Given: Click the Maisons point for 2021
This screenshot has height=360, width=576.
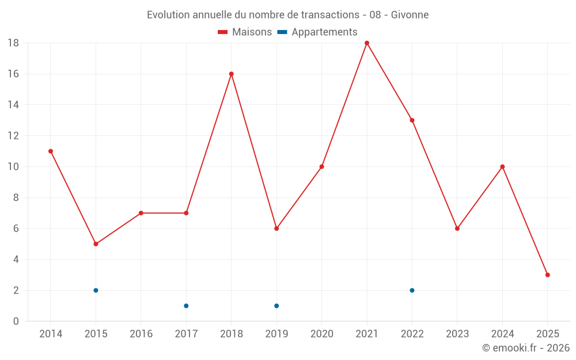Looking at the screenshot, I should [x=367, y=43].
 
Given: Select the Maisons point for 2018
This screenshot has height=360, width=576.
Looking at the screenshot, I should [x=232, y=74].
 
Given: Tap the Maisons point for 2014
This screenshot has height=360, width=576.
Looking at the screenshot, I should [x=51, y=151].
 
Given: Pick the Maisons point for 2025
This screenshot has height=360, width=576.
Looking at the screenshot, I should [x=547, y=275].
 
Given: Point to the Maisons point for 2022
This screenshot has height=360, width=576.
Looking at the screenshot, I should [x=412, y=120].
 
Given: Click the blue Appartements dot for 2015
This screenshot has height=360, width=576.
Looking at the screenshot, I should [x=96, y=290].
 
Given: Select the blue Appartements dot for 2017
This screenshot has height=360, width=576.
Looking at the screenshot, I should [x=186, y=306].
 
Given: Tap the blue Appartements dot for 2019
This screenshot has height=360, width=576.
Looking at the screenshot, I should [x=276, y=306].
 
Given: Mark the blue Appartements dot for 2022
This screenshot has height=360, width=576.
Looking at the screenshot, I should [x=412, y=290].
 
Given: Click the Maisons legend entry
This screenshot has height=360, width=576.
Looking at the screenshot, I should [x=245, y=32].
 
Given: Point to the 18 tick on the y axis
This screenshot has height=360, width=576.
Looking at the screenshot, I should [x=13, y=43].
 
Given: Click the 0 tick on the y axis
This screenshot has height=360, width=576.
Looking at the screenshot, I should [x=16, y=321].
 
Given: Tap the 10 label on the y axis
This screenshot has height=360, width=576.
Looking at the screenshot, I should [x=13, y=167].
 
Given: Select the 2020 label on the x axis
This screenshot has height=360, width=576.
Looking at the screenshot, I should [x=321, y=334].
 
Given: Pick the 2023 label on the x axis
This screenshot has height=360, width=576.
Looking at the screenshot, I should [x=457, y=334].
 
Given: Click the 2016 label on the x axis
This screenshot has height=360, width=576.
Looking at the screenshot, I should [x=141, y=334].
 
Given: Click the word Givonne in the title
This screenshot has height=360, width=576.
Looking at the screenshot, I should [x=410, y=15].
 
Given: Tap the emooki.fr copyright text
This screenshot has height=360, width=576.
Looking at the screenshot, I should [x=526, y=348].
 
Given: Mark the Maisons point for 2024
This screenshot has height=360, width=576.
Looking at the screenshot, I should [x=502, y=167].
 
